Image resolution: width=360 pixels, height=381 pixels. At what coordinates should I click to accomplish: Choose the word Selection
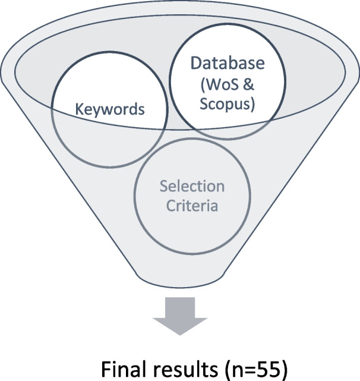[192, 187]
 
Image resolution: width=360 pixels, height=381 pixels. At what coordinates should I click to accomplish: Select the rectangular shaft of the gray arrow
[179, 308]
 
